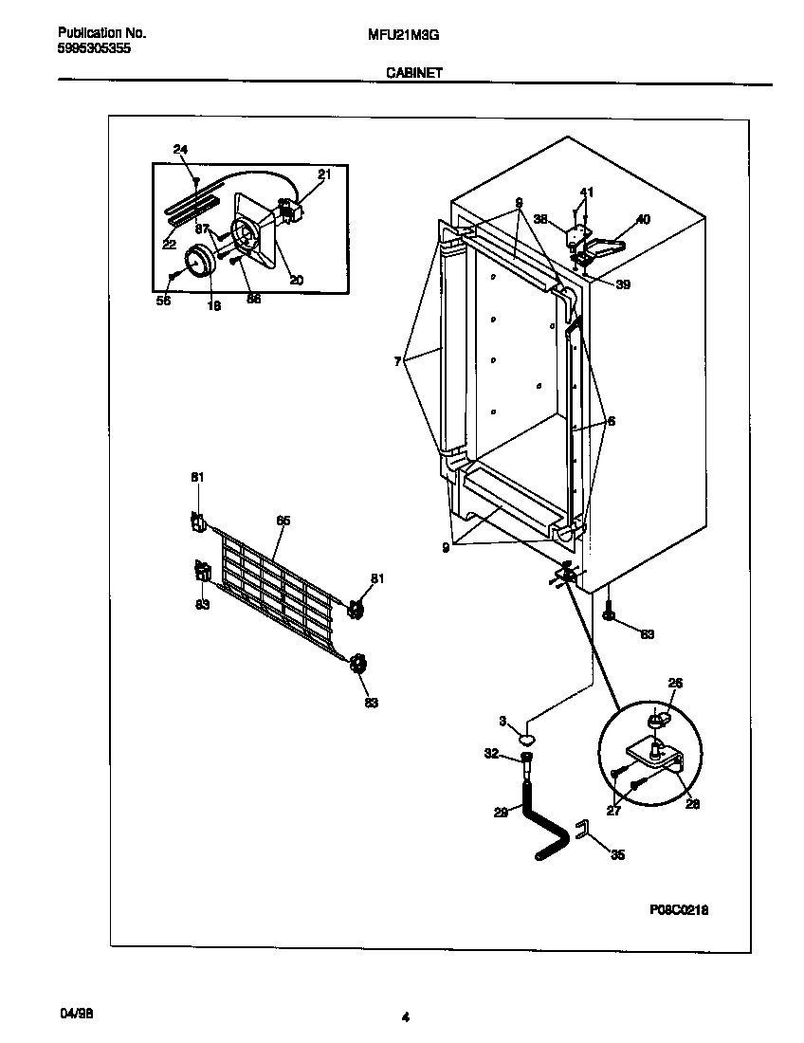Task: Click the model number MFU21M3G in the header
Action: pyautogui.click(x=402, y=33)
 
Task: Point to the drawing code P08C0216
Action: pyautogui.click(x=679, y=909)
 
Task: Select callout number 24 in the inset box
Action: pyautogui.click(x=181, y=149)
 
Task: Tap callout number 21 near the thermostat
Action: pyautogui.click(x=324, y=174)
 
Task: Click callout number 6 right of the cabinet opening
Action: pyautogui.click(x=611, y=421)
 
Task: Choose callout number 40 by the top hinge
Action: pyautogui.click(x=643, y=220)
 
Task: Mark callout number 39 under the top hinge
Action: pyautogui.click(x=622, y=284)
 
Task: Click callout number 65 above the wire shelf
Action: pyautogui.click(x=283, y=521)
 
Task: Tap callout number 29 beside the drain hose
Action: pyautogui.click(x=501, y=811)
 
